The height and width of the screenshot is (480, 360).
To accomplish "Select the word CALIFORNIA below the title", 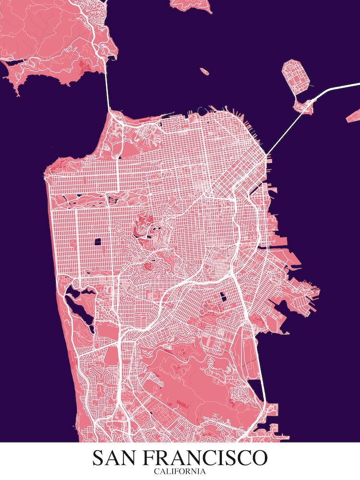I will pyautogui.click(x=180, y=471).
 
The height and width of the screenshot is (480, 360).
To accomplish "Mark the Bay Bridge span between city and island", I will pyautogui.click(x=283, y=132).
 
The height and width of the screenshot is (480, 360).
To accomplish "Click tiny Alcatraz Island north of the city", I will pyautogui.click(x=204, y=72).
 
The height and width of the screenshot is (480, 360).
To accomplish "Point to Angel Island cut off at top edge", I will pyautogui.click(x=192, y=5).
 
